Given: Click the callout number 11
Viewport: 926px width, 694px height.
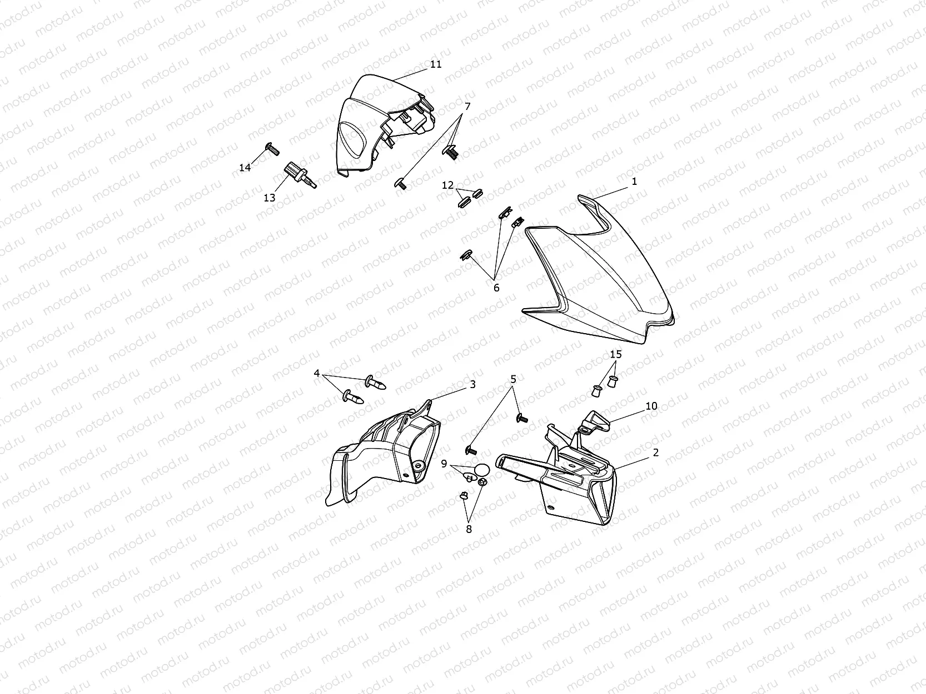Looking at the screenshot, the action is [436, 64].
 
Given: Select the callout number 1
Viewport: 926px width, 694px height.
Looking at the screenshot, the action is [634, 181].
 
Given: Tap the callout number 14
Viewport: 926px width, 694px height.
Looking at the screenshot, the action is [245, 168].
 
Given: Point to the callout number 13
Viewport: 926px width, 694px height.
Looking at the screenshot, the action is [270, 198].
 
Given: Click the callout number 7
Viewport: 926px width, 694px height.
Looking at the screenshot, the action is [467, 107].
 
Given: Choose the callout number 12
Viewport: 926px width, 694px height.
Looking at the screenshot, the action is [447, 185].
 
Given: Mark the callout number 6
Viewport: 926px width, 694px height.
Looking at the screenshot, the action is [496, 288].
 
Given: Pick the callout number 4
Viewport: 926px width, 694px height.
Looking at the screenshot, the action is [317, 373].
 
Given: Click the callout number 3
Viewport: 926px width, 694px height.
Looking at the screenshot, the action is [473, 384].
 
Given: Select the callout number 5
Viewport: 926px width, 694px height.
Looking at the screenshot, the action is [514, 379].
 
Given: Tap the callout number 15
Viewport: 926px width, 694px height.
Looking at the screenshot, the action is [616, 354].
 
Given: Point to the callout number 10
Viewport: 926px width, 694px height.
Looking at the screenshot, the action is [652, 406].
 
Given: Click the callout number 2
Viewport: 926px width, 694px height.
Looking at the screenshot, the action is [655, 452].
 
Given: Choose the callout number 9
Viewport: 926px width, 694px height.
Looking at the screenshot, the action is [444, 464].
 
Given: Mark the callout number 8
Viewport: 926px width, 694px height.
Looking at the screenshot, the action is [469, 529].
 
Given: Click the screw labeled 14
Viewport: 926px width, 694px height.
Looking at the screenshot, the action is [272, 149].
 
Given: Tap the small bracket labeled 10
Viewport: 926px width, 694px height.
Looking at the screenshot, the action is [595, 423].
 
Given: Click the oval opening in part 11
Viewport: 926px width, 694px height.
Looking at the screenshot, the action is [354, 140].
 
